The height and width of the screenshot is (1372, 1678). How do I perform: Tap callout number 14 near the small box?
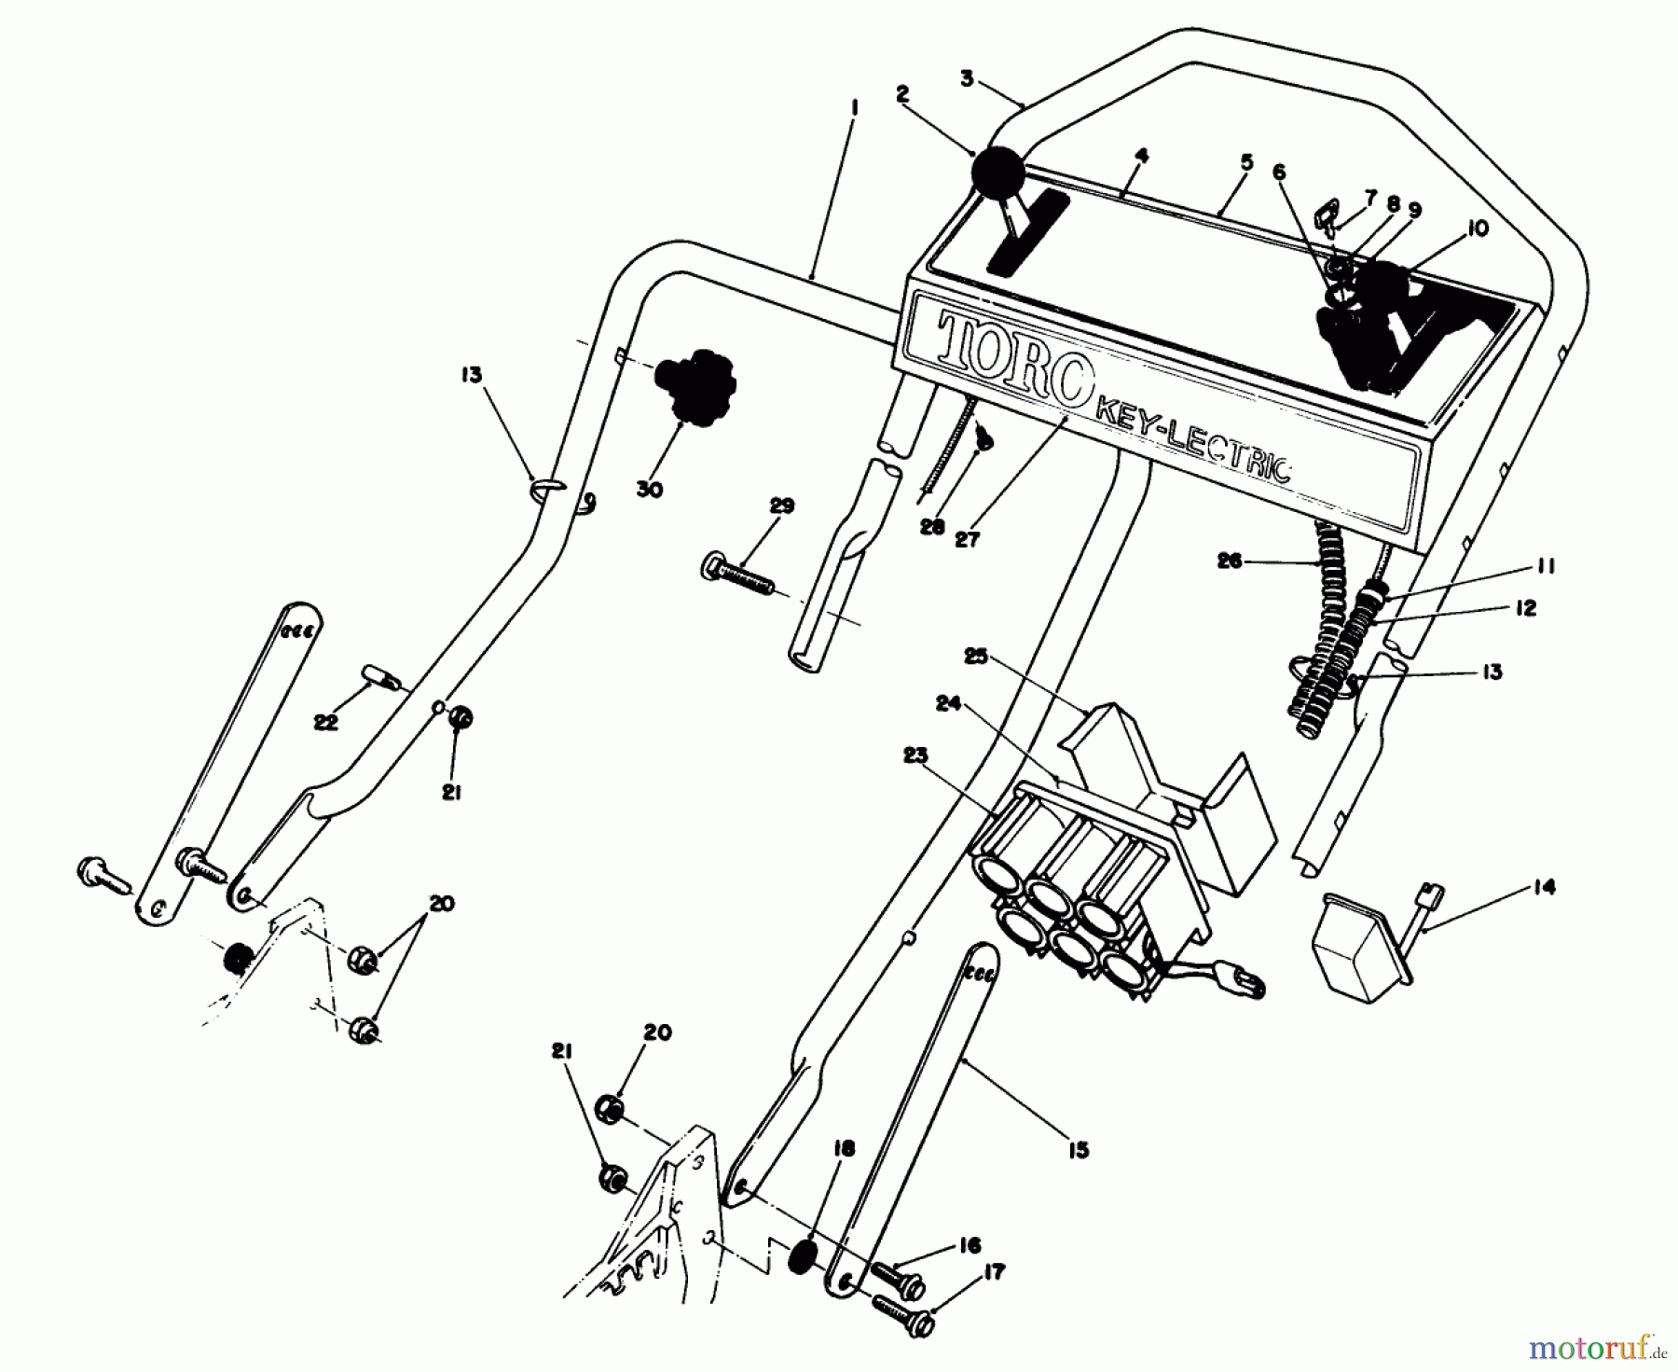click(x=1543, y=888)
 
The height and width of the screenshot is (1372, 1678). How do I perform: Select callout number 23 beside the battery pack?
click(x=915, y=755)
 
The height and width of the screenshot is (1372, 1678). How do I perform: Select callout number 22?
click(x=325, y=722)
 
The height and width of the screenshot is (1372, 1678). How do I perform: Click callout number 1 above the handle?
click(x=854, y=108)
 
